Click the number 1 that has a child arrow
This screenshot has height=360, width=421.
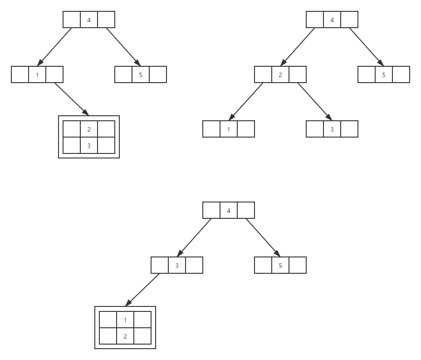(37, 75)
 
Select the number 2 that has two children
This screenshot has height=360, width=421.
(280, 75)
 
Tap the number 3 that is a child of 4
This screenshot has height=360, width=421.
(177, 266)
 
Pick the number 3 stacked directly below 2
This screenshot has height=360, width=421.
(89, 146)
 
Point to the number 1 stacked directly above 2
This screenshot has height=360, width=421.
(125, 320)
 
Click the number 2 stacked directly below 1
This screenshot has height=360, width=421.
(125, 336)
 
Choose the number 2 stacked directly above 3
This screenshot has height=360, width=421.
(89, 129)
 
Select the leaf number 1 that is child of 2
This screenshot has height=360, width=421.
(229, 129)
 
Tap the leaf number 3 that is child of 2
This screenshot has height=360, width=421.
(332, 129)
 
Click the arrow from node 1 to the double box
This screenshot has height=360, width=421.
(72, 99)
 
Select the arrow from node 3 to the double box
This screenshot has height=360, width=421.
(142, 290)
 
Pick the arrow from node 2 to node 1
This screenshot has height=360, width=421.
(246, 102)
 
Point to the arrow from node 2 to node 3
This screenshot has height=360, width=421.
(315, 102)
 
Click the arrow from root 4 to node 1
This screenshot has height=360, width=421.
(54, 47)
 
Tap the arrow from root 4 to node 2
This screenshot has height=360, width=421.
(298, 47)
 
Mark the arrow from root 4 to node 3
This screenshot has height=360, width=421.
(194, 237)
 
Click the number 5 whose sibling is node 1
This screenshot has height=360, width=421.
(141, 75)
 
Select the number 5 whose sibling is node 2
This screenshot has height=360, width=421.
(384, 75)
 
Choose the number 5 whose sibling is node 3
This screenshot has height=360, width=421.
(280, 266)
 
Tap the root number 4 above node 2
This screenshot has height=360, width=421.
(332, 20)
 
